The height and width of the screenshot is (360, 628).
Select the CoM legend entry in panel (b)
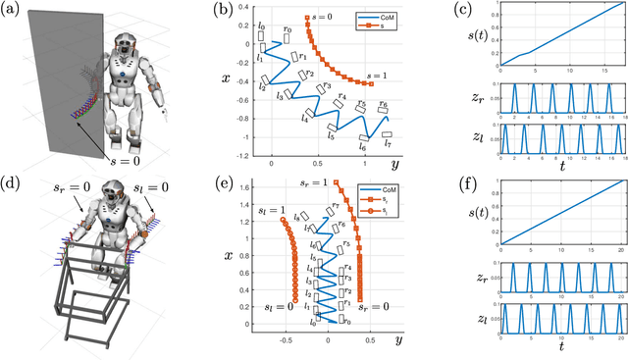pos(378,16)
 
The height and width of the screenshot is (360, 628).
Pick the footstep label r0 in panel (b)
pos(288,29)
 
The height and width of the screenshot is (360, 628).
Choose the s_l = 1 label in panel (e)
pos(260,210)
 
